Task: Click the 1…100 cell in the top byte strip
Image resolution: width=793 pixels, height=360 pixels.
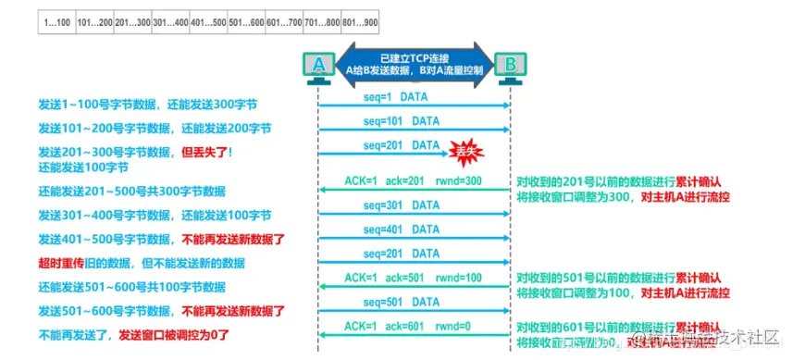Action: click(x=56, y=20)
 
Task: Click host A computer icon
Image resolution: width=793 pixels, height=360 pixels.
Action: click(x=318, y=66)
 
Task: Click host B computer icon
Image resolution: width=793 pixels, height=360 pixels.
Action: click(x=509, y=66)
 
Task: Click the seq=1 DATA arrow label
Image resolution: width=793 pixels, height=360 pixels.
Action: click(x=401, y=97)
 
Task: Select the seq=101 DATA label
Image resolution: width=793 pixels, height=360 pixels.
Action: click(x=401, y=121)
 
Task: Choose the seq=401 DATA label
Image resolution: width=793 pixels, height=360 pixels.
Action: click(x=401, y=230)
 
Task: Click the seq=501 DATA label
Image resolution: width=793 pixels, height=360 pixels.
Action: click(x=401, y=301)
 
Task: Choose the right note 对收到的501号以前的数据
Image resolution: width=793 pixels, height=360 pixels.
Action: click(x=619, y=276)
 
